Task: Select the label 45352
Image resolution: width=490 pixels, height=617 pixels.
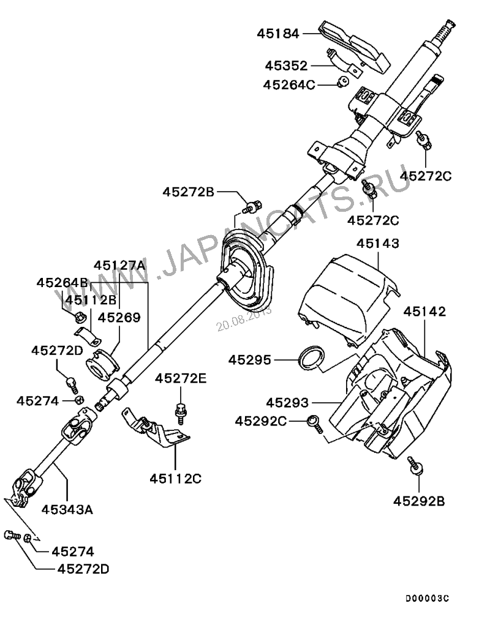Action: coord(287,65)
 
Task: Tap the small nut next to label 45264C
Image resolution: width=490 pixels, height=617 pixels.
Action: coord(344,81)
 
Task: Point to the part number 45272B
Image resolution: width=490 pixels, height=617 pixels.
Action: coord(189,192)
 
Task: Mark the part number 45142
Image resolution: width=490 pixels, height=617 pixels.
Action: coord(424,312)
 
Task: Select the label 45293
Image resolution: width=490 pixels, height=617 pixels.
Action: coord(288,403)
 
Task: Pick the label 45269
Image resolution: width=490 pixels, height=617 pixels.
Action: coord(119,318)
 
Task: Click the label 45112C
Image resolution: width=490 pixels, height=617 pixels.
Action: coord(176,479)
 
